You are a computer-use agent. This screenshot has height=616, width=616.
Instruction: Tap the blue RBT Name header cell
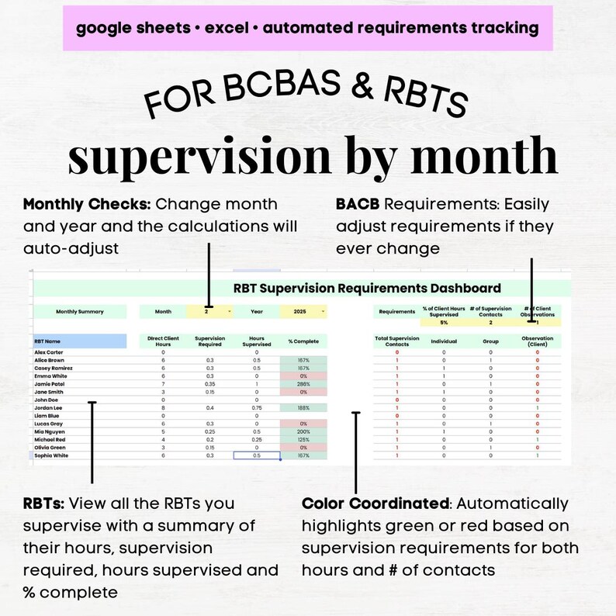pyautogui.click(x=79, y=341)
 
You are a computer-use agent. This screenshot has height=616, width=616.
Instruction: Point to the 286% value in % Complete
pyautogui.click(x=304, y=383)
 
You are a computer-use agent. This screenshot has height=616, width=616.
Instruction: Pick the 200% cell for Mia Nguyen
pyautogui.click(x=304, y=431)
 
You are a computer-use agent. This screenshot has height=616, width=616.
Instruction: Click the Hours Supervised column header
pyautogui.click(x=257, y=341)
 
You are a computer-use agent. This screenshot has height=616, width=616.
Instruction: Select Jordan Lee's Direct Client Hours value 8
pyautogui.click(x=163, y=407)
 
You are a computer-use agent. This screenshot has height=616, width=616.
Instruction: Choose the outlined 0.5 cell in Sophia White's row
pyautogui.click(x=257, y=455)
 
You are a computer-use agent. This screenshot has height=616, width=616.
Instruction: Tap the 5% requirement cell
pyautogui.click(x=444, y=322)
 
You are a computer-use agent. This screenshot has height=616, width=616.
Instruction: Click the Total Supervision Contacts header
pyautogui.click(x=396, y=341)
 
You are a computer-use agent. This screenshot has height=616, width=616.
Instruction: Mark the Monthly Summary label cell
pyautogui.click(x=79, y=312)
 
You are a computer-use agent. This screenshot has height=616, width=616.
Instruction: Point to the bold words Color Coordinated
pyautogui.click(x=375, y=504)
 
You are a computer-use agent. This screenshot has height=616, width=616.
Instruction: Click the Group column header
pyautogui.click(x=490, y=341)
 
